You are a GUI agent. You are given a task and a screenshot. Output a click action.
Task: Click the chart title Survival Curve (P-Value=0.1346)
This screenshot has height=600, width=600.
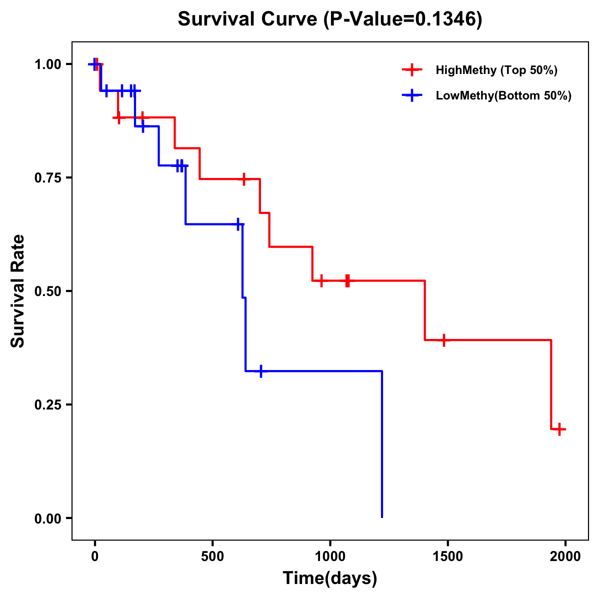pyautogui.click(x=330, y=19)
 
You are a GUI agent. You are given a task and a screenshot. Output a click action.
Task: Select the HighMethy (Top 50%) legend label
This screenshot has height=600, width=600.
pyautogui.click(x=496, y=70)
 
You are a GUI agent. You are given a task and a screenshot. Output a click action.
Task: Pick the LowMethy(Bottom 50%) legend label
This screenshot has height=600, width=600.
pyautogui.click(x=503, y=95)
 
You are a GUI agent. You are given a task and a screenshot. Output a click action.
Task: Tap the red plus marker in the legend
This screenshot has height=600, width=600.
pyautogui.click(x=412, y=70)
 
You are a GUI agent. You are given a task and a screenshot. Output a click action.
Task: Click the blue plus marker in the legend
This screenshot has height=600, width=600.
pyautogui.click(x=412, y=95)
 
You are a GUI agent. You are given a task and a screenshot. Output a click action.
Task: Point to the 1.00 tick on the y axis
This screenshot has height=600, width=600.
pyautogui.click(x=47, y=64)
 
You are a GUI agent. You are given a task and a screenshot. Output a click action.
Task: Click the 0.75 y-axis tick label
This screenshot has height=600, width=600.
pyautogui.click(x=47, y=178)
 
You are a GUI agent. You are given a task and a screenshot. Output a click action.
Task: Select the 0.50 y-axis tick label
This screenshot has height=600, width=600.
pyautogui.click(x=47, y=291)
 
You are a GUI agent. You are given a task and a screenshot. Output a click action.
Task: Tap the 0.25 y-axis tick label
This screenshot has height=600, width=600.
pyautogui.click(x=47, y=405)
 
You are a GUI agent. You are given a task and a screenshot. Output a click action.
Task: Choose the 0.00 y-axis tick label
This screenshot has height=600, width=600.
pyautogui.click(x=47, y=518)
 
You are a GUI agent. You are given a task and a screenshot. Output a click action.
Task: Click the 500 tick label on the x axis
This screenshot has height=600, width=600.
pyautogui.click(x=212, y=556)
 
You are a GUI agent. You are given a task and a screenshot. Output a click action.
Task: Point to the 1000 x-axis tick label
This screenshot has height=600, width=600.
pyautogui.click(x=330, y=556)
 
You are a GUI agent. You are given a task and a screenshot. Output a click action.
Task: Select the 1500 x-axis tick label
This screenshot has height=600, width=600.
pyautogui.click(x=447, y=556)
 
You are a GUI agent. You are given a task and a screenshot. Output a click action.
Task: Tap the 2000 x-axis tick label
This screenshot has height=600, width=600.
pyautogui.click(x=565, y=556)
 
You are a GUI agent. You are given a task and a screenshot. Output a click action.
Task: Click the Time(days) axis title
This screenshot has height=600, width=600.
pyautogui.click(x=330, y=578)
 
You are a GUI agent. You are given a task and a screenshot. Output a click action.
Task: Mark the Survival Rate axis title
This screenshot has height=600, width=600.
pyautogui.click(x=18, y=291)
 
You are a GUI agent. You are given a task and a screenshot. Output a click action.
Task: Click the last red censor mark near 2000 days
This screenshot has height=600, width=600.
pyautogui.click(x=559, y=429)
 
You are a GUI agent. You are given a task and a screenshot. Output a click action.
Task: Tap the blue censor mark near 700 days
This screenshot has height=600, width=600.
pyautogui.click(x=261, y=371)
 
